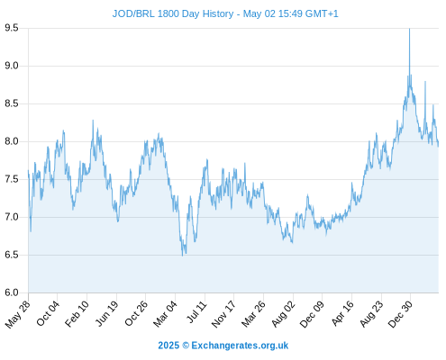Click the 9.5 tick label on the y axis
12,28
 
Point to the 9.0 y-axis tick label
12,66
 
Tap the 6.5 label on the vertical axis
12,255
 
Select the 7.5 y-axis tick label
12,179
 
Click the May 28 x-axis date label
18,313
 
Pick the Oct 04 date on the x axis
48,313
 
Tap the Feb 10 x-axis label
77,313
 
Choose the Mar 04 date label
166,313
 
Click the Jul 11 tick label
197,312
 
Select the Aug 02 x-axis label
284,313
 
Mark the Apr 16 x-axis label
342,313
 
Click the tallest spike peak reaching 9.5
409,29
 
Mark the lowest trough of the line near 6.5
182,256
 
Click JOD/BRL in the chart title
133,13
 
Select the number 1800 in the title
168,13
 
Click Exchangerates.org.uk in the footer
240,346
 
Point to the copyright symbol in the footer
186,346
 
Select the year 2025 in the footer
168,346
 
